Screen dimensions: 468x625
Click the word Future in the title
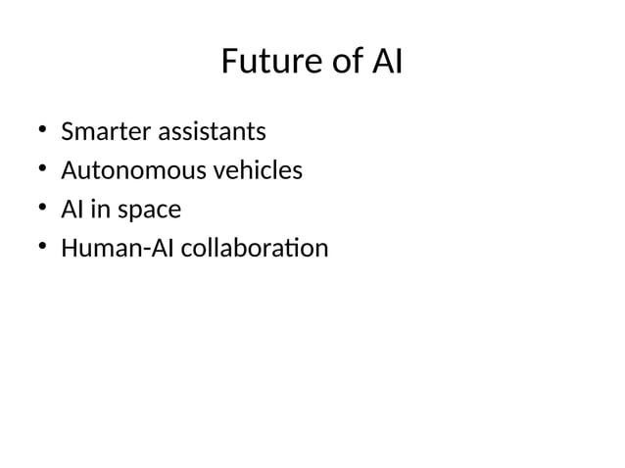pos(264,63)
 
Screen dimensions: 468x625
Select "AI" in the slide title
pos(387,63)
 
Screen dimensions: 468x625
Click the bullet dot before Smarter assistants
pos(42,131)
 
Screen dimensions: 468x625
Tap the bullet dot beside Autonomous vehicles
pos(42,171)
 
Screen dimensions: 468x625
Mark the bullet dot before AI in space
pos(42,211)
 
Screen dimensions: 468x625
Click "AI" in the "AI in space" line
pos(72,211)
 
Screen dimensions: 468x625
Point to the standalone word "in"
pos(98,211)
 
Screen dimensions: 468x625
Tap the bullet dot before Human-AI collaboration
pos(42,250)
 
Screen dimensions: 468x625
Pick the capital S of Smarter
pos(68,131)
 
